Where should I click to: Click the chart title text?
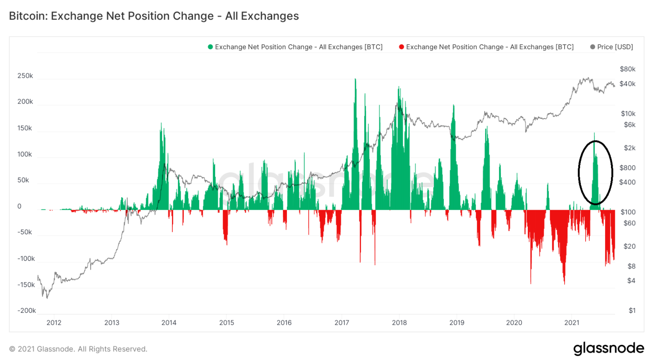point(154,16)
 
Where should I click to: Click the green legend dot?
point(210,47)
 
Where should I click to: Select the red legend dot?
point(401,47)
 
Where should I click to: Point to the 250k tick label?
point(25,76)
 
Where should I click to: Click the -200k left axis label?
point(26,310)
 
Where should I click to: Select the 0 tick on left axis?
point(19,206)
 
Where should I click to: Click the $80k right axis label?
point(627,69)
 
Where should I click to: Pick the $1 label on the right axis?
point(632,310)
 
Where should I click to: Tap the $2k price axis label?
point(629,148)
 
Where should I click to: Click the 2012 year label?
point(54,322)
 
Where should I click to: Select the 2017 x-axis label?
point(342,322)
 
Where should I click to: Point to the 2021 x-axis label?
point(571,322)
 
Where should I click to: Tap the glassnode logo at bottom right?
point(608,348)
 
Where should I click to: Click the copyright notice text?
point(78,349)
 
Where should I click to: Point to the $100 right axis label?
point(628,212)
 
